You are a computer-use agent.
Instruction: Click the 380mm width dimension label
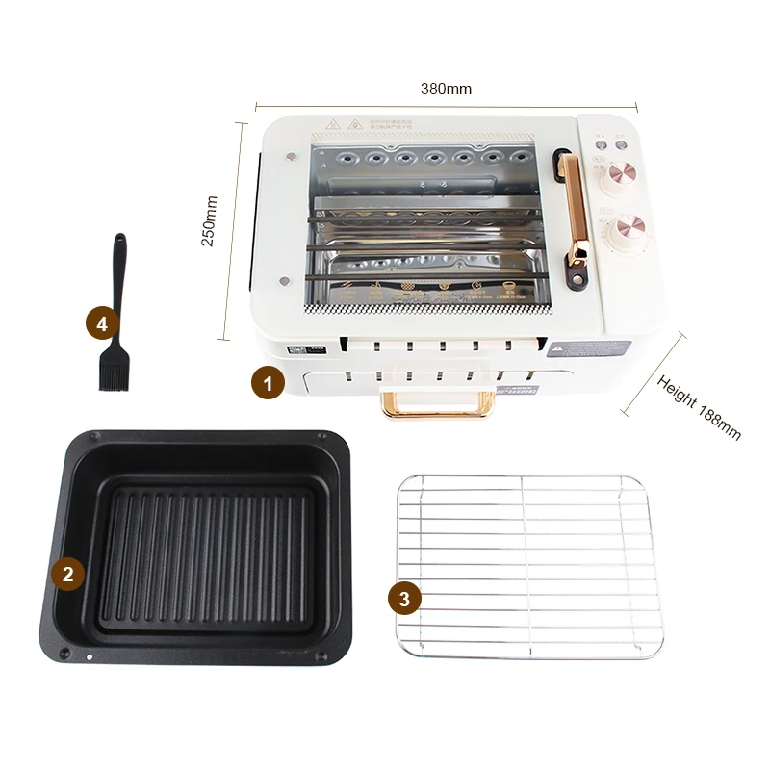click(x=446, y=89)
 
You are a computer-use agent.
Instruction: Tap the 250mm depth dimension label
click(x=209, y=221)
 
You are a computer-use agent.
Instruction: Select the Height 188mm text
click(x=700, y=406)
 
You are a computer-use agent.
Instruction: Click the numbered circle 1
click(x=268, y=383)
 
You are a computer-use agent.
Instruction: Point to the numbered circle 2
click(x=66, y=575)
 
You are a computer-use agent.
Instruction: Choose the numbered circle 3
click(x=404, y=598)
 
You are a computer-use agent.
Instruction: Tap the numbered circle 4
click(x=103, y=324)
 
